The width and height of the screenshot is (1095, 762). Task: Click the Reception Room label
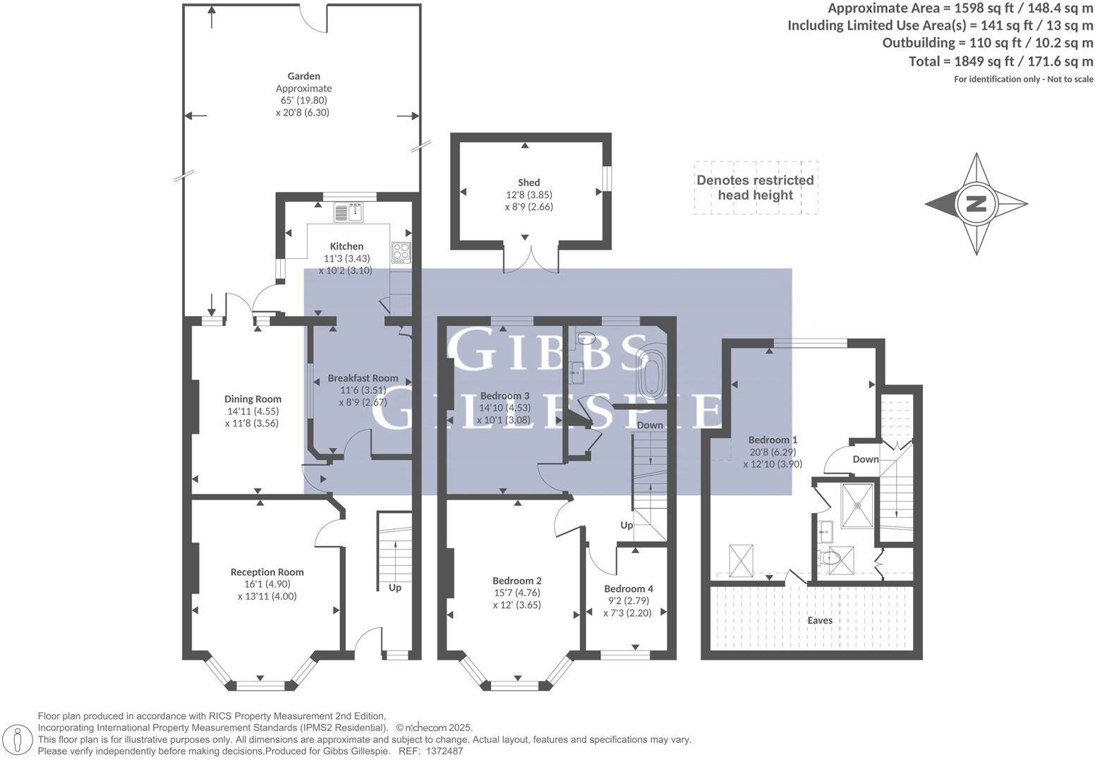pyautogui.click(x=267, y=572)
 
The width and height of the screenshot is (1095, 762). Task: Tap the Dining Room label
pyautogui.click(x=253, y=399)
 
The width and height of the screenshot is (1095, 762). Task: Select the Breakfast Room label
pyautogui.click(x=363, y=378)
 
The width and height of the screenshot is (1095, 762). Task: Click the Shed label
pyautogui.click(x=528, y=182)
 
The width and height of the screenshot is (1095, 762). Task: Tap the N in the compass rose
pyautogui.click(x=976, y=204)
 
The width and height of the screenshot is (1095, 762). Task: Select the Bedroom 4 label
pyautogui.click(x=628, y=588)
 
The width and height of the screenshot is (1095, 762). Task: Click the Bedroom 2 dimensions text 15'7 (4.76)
pyautogui.click(x=516, y=593)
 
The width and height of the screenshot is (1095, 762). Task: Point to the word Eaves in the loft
pyautogui.click(x=820, y=620)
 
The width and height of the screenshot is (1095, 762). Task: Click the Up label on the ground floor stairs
pyautogui.click(x=394, y=588)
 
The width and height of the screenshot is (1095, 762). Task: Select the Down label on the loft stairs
pyautogui.click(x=866, y=459)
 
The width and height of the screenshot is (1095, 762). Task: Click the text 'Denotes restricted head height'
pyautogui.click(x=755, y=188)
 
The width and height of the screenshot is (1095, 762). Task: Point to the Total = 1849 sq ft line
pyautogui.click(x=1000, y=61)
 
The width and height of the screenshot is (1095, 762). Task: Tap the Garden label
pyautogui.click(x=303, y=76)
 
